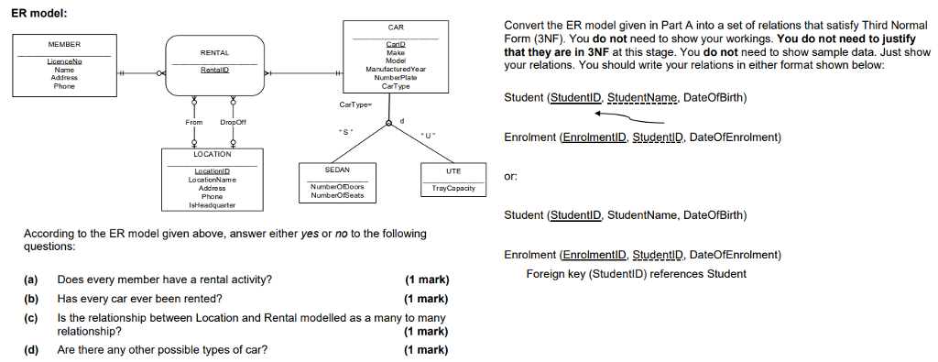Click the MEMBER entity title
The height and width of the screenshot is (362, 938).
click(x=64, y=44)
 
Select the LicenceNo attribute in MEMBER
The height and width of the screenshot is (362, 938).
click(x=64, y=61)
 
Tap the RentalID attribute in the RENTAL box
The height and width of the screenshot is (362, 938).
click(x=215, y=69)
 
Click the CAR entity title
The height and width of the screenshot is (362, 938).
click(x=396, y=28)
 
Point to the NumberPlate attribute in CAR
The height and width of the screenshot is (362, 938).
click(x=396, y=78)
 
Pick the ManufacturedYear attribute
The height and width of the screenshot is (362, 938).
click(x=396, y=70)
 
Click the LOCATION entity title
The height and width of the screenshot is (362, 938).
click(x=213, y=154)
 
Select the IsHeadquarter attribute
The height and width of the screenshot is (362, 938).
click(x=213, y=205)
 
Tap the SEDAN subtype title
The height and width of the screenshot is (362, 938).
click(x=337, y=170)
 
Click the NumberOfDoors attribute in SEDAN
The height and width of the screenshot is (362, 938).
click(x=337, y=187)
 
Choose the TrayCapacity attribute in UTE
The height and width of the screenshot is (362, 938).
click(x=453, y=188)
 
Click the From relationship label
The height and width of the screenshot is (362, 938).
click(x=194, y=122)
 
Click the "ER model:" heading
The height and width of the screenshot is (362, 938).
click(x=36, y=10)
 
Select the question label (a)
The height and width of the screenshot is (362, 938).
click(x=31, y=279)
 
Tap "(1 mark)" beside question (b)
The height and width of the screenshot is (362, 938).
click(x=425, y=299)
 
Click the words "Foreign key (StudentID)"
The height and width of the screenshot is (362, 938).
click(x=584, y=273)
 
